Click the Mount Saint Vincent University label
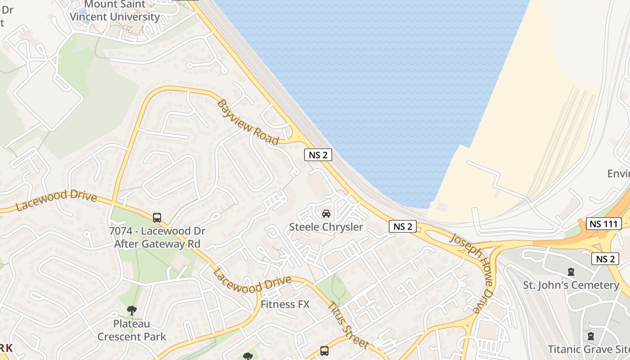(115, 11)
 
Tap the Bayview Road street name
(248, 122)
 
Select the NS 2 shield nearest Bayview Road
(318, 155)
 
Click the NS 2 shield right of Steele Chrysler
(402, 226)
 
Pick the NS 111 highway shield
(604, 223)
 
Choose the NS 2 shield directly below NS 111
(605, 259)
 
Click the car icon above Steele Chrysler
(326, 213)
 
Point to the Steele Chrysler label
(326, 227)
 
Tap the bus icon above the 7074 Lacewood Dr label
(157, 217)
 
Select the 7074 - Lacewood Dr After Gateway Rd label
(157, 238)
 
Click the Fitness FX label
(285, 304)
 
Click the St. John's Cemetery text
(571, 285)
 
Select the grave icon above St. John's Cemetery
(571, 272)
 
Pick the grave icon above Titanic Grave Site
(590, 336)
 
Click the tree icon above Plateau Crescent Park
(131, 310)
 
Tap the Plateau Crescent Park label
(132, 330)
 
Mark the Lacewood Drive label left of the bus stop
(57, 201)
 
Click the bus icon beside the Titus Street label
(324, 351)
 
